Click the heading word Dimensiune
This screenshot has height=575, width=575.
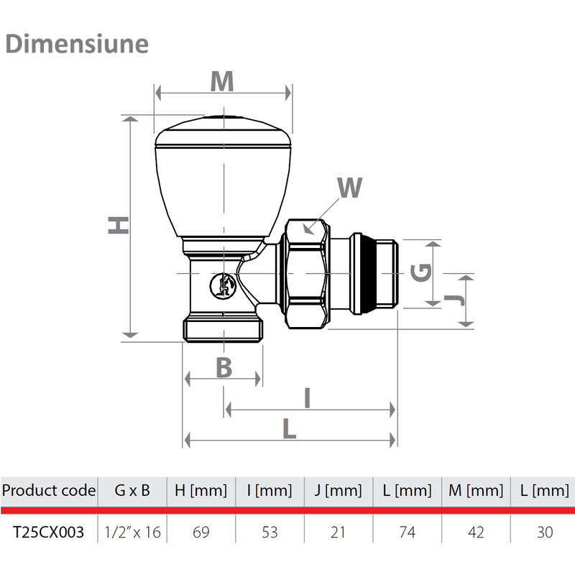(x=77, y=44)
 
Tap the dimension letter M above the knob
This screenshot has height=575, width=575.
(x=222, y=81)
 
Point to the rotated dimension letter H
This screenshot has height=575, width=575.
(x=118, y=225)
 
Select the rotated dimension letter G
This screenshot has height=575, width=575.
(x=420, y=272)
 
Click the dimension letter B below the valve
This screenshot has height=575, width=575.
(x=224, y=367)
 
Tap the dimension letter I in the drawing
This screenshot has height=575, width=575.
(x=308, y=397)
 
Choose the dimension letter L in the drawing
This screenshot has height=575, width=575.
(x=290, y=428)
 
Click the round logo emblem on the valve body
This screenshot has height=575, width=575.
(x=223, y=285)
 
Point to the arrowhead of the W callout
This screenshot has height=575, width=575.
(x=308, y=229)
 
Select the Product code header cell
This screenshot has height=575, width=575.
(x=49, y=490)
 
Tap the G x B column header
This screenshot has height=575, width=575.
(x=132, y=490)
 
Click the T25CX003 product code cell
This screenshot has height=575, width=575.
(x=48, y=532)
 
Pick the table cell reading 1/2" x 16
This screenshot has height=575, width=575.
(x=132, y=532)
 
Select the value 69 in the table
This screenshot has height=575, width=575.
(x=201, y=532)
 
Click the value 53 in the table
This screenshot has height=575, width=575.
(x=270, y=532)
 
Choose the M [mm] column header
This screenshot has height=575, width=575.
(x=476, y=490)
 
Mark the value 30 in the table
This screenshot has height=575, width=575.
(x=545, y=532)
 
